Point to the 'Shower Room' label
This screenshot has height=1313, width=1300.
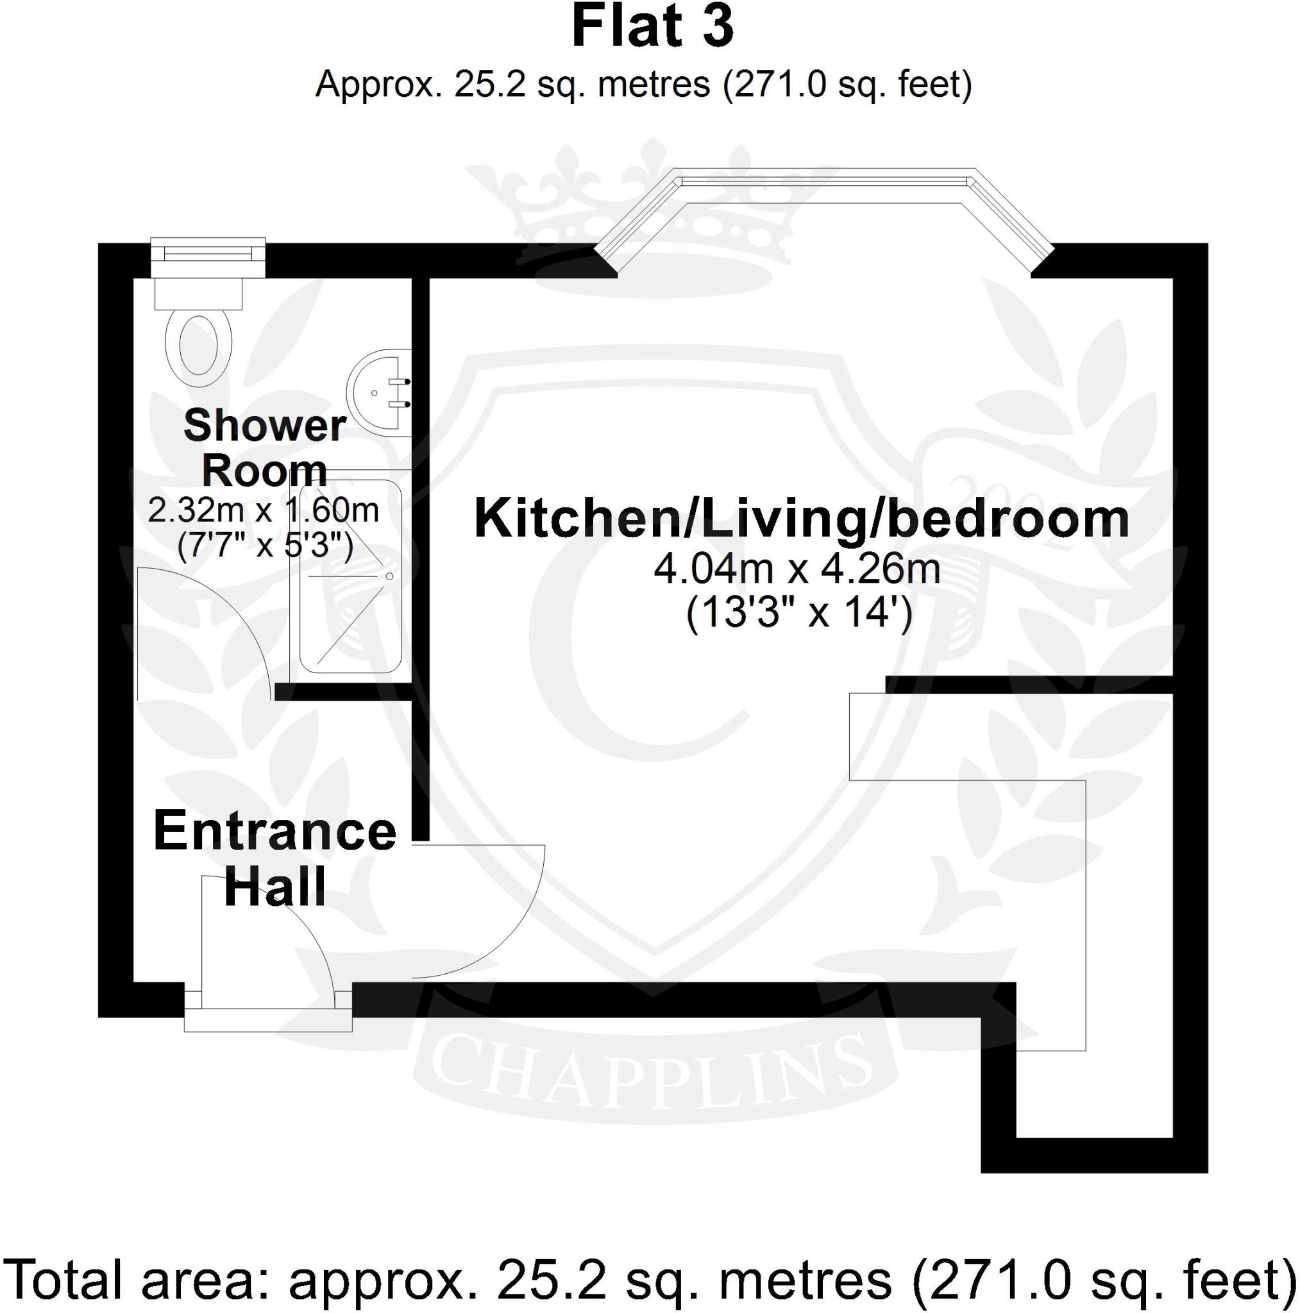(264, 448)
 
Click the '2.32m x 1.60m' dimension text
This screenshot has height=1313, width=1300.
(264, 510)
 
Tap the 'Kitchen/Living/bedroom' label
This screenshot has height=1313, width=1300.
(802, 519)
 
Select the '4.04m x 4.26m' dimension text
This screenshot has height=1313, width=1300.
(797, 569)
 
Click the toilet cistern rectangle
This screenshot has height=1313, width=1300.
(199, 293)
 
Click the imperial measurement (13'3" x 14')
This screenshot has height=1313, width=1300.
(798, 615)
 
